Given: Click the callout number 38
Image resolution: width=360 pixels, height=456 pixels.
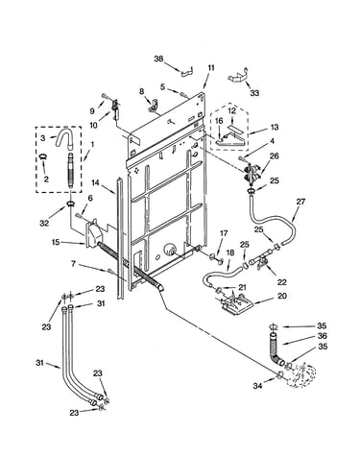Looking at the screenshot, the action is tap(159, 59).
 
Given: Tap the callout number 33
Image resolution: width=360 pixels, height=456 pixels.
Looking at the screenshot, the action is tap(254, 93).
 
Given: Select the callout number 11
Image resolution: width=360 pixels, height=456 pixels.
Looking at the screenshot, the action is tap(211, 68).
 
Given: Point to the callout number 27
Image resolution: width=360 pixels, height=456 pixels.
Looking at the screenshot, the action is tap(300, 202).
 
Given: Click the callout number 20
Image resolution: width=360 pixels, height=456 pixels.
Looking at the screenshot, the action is tap(281, 296).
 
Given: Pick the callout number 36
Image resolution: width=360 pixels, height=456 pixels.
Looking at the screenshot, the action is tap(322, 336).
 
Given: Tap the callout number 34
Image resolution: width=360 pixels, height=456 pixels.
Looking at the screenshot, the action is tap(258, 386).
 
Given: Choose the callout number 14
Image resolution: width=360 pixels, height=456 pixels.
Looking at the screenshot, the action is tap(96, 183).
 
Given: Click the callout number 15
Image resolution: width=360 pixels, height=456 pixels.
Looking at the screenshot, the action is tap(56, 242).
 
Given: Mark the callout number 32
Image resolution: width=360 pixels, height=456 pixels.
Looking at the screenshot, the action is tap(44, 223).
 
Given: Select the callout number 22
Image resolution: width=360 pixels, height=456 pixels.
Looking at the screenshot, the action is tap(281, 282).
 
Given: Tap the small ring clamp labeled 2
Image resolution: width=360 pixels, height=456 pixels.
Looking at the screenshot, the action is tap(43, 156).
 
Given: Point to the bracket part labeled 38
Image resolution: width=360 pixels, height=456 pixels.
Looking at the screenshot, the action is tap(188, 72).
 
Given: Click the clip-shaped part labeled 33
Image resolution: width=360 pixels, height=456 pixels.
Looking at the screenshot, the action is tap(238, 77).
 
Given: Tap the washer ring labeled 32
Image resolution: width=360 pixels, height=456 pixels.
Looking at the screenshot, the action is tap(71, 204).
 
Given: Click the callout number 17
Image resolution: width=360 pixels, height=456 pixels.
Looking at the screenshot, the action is tap(224, 233).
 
